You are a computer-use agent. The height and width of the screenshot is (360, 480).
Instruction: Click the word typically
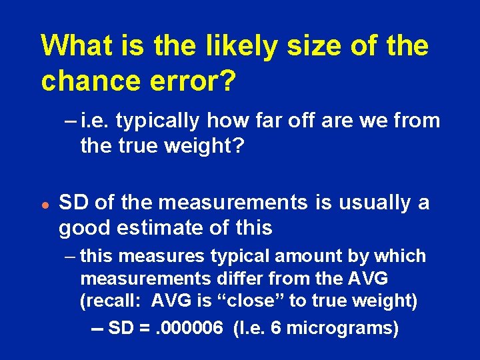pyautogui.click(x=155, y=121)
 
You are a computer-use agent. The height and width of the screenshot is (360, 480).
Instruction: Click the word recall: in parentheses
pyautogui.click(x=112, y=301)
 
